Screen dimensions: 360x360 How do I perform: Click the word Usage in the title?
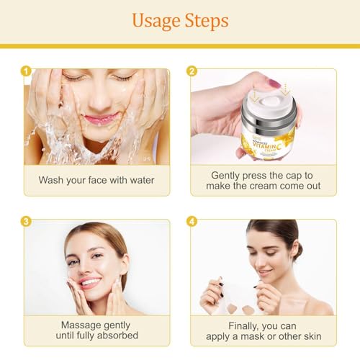(156, 21)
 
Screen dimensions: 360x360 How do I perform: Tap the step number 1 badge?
(26, 71)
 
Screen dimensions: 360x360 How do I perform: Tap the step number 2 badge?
(192, 71)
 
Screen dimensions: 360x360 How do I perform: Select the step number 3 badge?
(26, 221)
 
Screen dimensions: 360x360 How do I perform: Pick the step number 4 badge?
(192, 221)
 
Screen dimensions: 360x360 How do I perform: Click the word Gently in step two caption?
(225, 176)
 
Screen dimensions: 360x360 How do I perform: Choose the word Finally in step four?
(243, 326)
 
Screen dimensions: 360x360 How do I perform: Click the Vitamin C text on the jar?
(267, 145)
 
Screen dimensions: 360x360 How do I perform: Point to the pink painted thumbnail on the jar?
(274, 83)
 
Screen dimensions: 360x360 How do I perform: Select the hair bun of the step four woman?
(299, 251)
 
